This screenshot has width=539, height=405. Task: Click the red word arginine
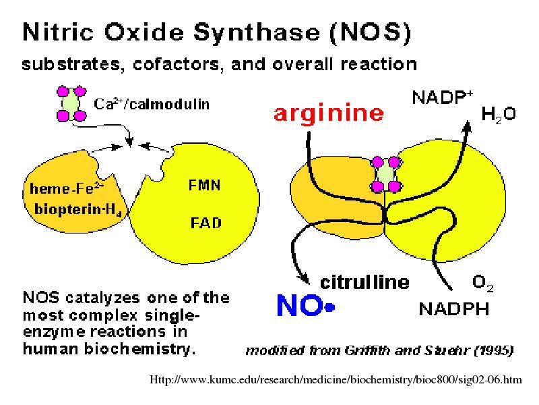tap(329, 113)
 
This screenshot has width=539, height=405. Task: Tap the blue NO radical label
tap(306, 306)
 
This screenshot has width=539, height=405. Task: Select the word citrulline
tap(364, 282)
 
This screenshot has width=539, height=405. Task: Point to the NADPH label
tap(453, 308)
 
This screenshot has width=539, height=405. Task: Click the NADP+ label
tap(443, 97)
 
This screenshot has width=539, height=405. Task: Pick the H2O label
tap(499, 114)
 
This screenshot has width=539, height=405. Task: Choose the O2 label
tap(482, 283)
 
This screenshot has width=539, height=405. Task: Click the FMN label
tap(205, 185)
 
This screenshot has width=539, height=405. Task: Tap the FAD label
tap(206, 223)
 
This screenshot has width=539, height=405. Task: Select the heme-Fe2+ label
tap(67, 188)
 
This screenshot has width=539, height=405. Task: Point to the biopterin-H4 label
tap(78, 209)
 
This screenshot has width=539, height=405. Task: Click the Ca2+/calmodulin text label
tap(152, 104)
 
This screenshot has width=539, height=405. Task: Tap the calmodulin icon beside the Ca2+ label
tap(71, 104)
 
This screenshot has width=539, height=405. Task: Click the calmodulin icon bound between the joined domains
tap(385, 174)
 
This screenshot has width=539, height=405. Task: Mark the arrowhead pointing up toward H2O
tap(467, 126)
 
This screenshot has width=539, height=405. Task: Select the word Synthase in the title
tap(257, 33)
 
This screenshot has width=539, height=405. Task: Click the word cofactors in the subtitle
tap(176, 64)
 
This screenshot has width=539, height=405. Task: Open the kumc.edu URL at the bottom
tap(336, 379)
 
